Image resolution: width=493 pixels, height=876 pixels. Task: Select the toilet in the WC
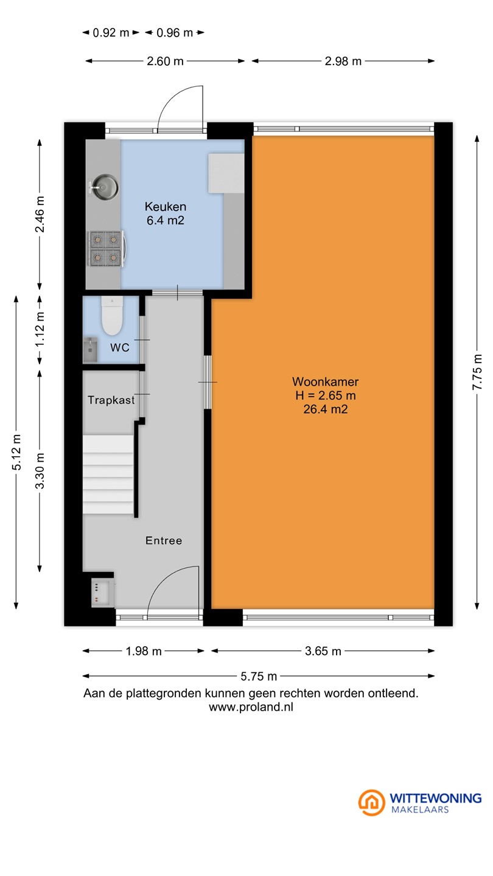tap(112, 316)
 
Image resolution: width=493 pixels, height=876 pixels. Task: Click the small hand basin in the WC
tap(90, 349)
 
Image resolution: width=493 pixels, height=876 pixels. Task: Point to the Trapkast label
tap(111, 400)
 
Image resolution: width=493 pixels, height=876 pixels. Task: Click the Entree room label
tap(164, 540)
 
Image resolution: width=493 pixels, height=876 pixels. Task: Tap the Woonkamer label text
tap(325, 381)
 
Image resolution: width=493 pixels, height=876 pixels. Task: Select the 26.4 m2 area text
tap(326, 409)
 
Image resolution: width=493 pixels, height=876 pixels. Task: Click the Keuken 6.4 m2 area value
tap(165, 220)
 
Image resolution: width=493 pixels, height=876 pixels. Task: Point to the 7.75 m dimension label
tap(477, 372)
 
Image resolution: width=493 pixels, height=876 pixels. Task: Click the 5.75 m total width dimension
tap(259, 676)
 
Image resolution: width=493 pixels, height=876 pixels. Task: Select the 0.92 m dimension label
tap(111, 33)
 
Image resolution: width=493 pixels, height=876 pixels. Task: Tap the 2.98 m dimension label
tap(343, 61)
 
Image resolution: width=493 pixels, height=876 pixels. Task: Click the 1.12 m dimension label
tap(40, 329)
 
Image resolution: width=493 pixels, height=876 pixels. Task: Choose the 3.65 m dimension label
tap(323, 651)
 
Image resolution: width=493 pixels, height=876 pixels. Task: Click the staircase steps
tap(108, 474)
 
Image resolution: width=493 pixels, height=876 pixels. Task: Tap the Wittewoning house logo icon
tap(371, 803)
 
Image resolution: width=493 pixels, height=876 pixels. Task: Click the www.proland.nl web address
tap(251, 707)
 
